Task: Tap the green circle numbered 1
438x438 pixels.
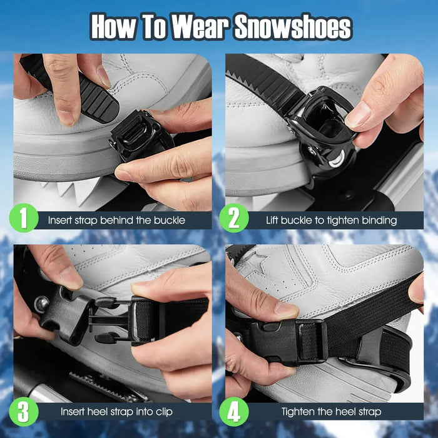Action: coord(24,219)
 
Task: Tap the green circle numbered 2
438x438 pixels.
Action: coord(233,219)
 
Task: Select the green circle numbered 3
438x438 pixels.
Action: coord(24,411)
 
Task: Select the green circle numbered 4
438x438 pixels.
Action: coord(233,411)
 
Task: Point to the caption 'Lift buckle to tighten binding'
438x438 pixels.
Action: coord(331,220)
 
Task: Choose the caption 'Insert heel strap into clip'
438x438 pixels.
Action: coord(116,412)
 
